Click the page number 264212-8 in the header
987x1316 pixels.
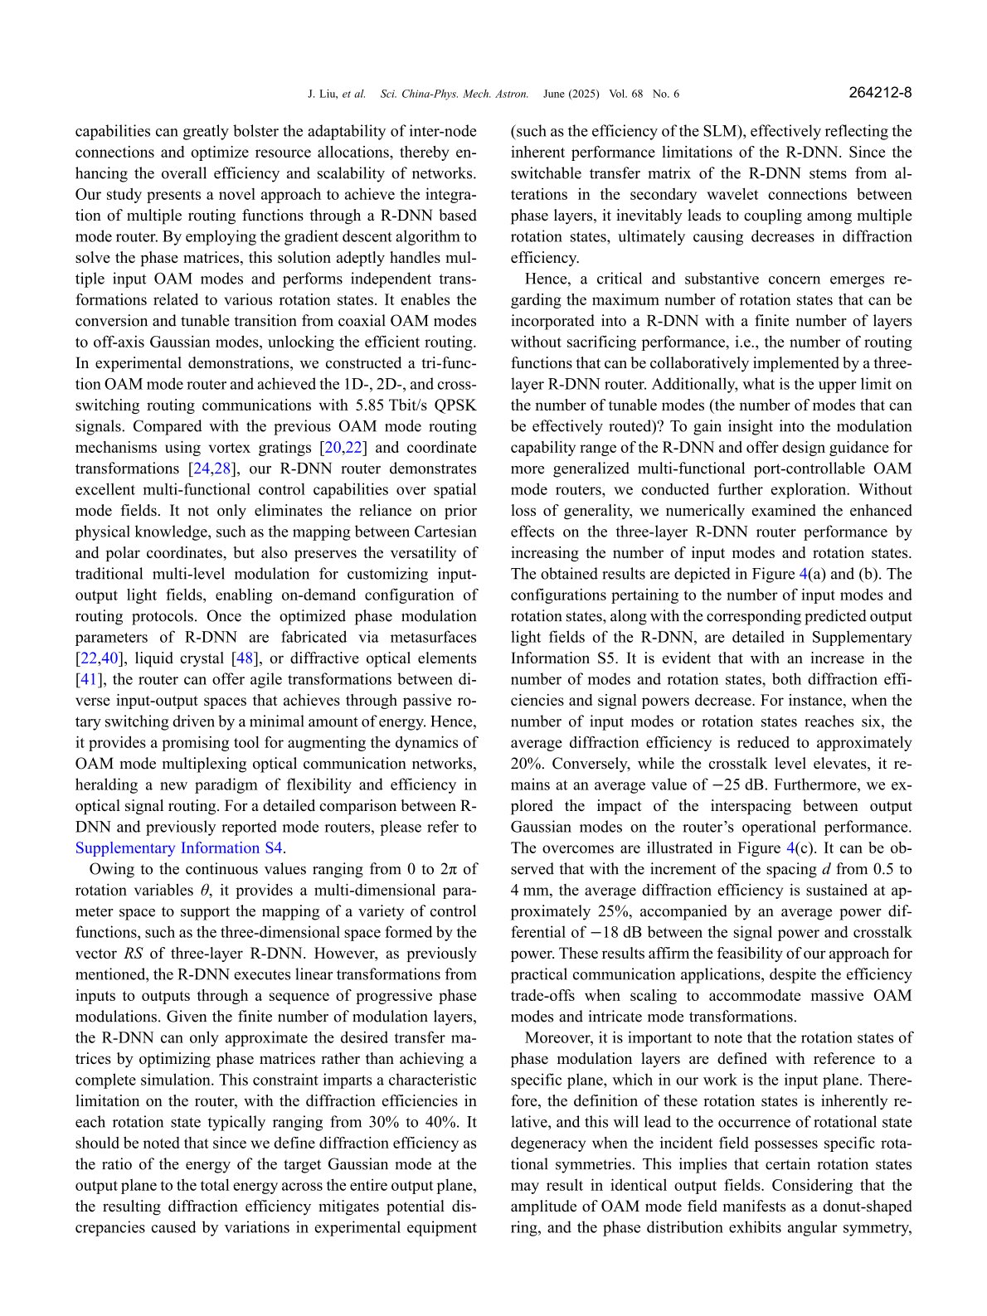pyautogui.click(x=880, y=93)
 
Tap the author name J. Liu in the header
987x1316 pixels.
pyautogui.click(x=323, y=94)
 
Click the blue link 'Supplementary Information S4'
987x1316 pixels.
pyautogui.click(x=180, y=848)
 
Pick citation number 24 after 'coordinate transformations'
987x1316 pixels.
pyautogui.click(x=202, y=469)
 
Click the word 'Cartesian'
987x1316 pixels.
pyautogui.click(x=442, y=532)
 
